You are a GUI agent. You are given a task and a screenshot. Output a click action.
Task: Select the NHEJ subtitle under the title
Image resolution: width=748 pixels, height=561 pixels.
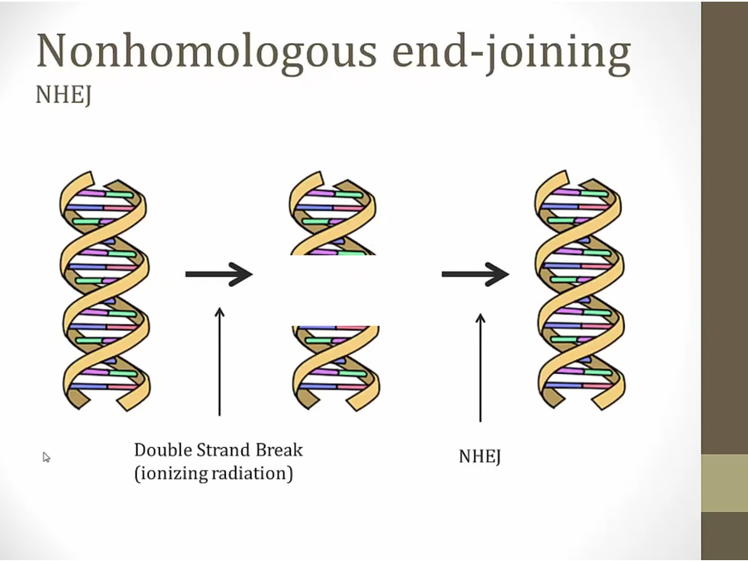tap(63, 96)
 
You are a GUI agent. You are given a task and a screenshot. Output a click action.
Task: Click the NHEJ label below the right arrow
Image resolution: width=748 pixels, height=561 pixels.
tap(480, 456)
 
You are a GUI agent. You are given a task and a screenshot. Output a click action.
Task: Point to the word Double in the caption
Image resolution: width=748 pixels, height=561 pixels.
tap(164, 450)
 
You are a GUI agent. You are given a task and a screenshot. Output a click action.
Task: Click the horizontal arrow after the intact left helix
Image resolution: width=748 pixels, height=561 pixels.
tap(218, 273)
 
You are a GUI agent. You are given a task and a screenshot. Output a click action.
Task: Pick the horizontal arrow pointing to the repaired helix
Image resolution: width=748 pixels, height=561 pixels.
tap(475, 273)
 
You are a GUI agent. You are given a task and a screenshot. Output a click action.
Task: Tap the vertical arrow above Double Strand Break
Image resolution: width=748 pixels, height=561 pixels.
tap(219, 361)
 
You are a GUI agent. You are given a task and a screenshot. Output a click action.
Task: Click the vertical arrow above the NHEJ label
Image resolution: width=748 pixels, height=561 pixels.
tap(480, 366)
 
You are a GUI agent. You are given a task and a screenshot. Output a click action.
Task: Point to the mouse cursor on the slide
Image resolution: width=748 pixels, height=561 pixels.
tap(47, 456)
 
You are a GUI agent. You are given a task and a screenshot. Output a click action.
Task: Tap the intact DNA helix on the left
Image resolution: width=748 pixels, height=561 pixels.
tap(105, 291)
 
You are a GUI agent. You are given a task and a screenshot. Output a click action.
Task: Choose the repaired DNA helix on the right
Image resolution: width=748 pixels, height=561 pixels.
tap(578, 291)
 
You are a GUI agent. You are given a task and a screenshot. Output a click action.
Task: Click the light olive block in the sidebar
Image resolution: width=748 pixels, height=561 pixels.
tap(724, 483)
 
